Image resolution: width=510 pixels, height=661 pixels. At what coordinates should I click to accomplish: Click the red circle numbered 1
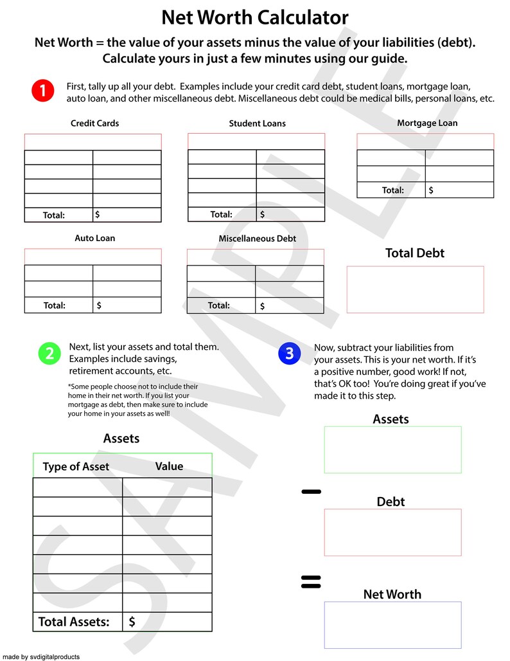point(42,91)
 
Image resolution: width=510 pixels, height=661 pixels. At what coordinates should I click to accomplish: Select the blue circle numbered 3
point(290,353)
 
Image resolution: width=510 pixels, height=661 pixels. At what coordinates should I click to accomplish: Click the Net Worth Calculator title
point(255,17)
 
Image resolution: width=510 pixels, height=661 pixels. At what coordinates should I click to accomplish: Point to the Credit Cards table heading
point(94,123)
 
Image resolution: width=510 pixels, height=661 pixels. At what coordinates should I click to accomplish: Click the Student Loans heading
point(257,123)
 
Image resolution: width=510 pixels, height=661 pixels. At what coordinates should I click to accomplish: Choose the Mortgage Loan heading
point(427,123)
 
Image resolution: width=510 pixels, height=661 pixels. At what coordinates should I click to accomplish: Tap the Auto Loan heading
point(94,238)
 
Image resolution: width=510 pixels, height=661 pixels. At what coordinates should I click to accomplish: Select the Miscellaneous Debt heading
point(257,239)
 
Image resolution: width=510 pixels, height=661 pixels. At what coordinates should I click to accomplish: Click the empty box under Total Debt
point(415,289)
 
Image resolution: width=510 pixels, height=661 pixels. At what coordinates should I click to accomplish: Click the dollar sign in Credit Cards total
point(98,214)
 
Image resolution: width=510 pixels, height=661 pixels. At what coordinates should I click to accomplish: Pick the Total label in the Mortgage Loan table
point(392,190)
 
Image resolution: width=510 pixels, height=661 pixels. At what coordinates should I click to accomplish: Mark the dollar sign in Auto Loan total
point(99,305)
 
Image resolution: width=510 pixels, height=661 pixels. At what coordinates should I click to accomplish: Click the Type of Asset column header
point(76,467)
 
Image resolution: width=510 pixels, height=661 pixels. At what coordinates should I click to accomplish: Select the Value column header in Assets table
point(169,466)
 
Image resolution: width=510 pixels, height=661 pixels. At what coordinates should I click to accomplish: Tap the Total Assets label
point(74,622)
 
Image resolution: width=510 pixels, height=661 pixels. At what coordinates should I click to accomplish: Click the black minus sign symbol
point(311,492)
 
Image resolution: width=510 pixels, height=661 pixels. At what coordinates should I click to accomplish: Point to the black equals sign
point(311,582)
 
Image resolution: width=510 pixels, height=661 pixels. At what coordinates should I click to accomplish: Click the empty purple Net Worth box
point(392,624)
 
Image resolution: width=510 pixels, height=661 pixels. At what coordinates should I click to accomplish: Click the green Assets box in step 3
point(392,449)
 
